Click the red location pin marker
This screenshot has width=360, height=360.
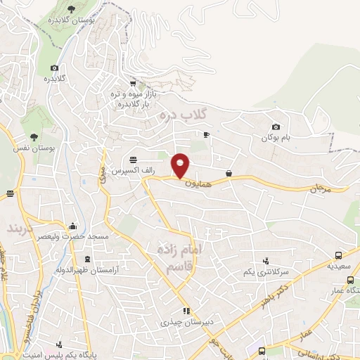181,165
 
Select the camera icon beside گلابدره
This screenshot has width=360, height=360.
54,68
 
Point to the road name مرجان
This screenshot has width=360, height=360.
320,189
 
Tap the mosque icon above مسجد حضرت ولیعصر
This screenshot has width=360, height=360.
73,226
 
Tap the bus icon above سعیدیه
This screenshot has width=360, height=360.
340,256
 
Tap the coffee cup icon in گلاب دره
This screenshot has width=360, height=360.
207,134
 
